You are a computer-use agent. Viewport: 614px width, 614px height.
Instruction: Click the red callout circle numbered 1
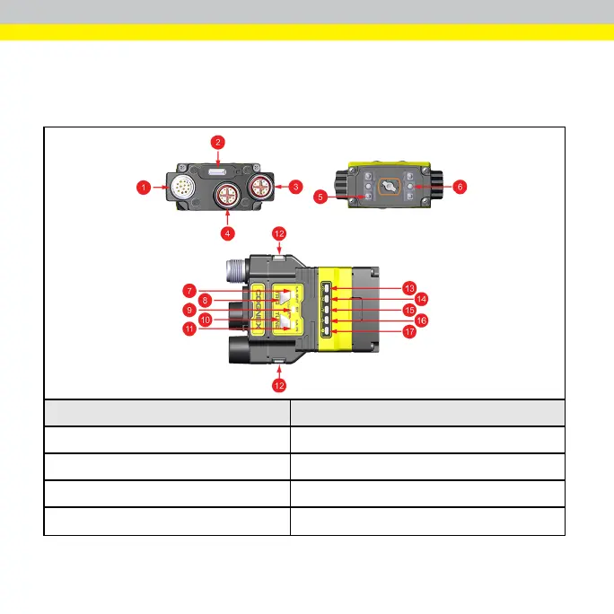coord(142,188)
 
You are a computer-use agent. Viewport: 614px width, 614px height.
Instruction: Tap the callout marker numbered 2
coord(217,141)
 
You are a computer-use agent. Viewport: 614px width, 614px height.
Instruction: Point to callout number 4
coord(228,233)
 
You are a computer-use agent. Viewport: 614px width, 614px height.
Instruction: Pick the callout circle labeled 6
coord(460,187)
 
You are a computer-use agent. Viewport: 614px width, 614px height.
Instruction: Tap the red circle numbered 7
coord(189,290)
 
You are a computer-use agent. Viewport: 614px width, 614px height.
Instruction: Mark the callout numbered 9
coord(189,311)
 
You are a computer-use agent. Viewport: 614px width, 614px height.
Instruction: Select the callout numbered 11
coord(189,329)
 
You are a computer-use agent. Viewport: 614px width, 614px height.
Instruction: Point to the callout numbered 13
coord(410,288)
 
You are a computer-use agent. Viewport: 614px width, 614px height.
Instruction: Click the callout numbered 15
coord(410,310)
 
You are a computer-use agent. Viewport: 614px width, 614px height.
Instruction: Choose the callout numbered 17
coord(410,331)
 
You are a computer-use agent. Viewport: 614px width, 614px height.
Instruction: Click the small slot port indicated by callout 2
coord(217,171)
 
